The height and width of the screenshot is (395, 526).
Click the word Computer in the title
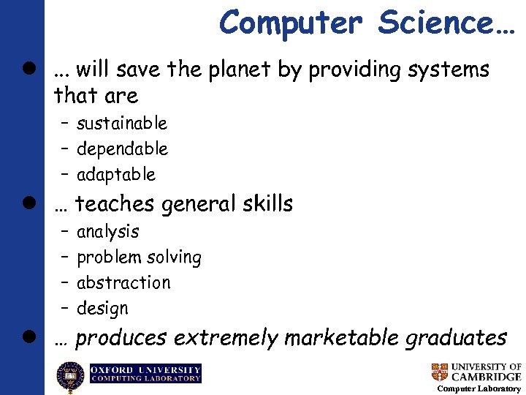pos(291,22)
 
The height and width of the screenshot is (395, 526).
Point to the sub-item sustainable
pos(121,123)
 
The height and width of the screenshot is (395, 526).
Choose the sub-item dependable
pos(122,148)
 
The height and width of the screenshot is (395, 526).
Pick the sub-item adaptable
pos(116,174)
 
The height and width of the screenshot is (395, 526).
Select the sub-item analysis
pos(107,231)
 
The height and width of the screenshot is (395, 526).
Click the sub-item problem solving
pos(139,257)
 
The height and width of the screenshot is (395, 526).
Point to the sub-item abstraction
pos(123,282)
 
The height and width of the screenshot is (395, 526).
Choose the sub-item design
pos(102,309)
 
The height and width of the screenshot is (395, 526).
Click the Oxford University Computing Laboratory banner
pos(145,374)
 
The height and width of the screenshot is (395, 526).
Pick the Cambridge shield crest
pos(439,372)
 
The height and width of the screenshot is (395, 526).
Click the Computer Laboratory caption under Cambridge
pos(479,388)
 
